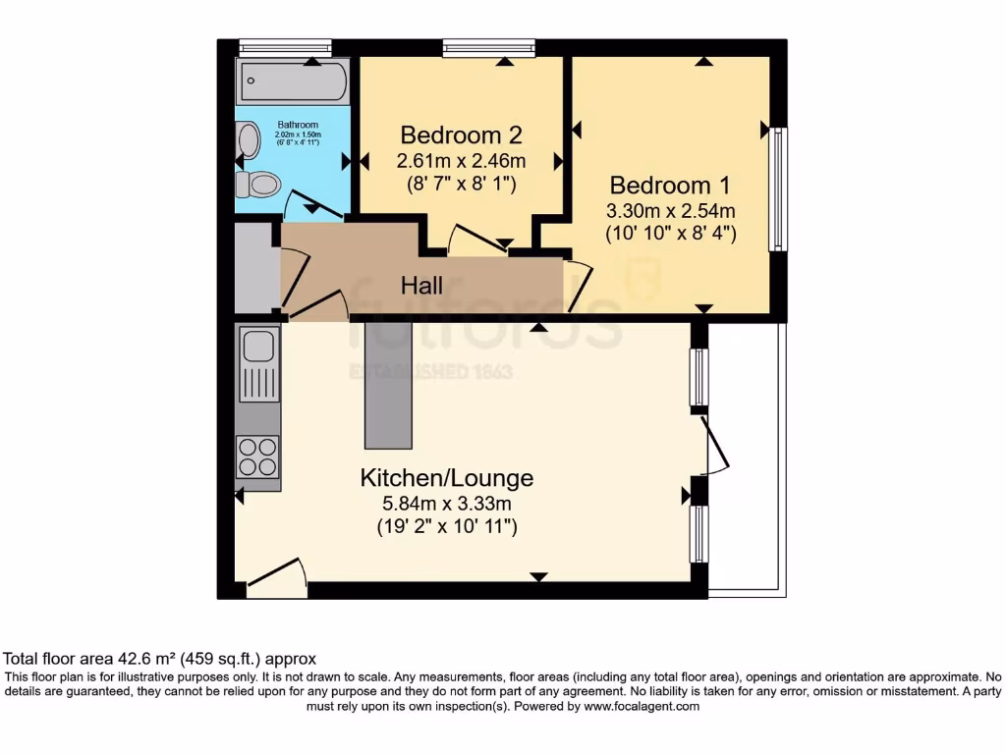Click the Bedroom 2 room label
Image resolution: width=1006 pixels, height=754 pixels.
tap(461, 135)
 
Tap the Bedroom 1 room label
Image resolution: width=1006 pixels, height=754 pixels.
tap(670, 186)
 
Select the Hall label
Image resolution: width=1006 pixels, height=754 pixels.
tap(421, 286)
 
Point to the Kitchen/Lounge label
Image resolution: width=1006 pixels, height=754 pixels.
tap(447, 478)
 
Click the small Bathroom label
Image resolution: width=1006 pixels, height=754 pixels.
tap(298, 125)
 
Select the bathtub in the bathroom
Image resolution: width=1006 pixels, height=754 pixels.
tap(294, 81)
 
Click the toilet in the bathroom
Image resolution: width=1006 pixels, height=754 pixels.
tap(258, 185)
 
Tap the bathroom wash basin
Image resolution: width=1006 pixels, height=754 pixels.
tap(248, 139)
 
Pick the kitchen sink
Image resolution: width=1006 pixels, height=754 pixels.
tap(258, 364)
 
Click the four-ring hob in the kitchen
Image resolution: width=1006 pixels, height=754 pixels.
tap(258, 457)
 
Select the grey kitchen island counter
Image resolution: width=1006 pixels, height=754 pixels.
tap(388, 385)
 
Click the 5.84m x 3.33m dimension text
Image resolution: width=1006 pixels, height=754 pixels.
tap(446, 504)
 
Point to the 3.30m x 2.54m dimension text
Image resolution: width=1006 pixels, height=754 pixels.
tap(670, 210)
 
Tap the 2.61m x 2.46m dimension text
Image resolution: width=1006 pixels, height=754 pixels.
tap(461, 160)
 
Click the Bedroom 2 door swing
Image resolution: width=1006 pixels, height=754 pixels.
tap(478, 239)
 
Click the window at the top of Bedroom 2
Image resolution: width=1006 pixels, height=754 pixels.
tap(488, 48)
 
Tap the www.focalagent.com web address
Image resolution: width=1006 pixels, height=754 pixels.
tap(641, 707)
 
